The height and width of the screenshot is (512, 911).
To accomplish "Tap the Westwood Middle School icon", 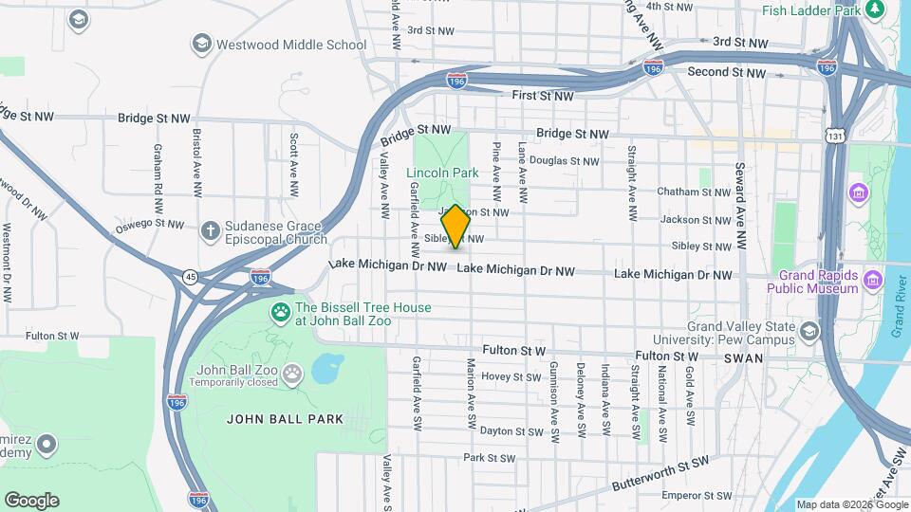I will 201,44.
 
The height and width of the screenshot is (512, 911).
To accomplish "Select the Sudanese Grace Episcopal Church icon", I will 211,230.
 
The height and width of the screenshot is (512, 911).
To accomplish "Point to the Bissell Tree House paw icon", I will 281,312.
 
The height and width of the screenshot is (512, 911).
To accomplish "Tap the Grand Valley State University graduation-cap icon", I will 809,331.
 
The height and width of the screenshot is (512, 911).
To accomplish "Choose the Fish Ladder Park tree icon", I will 875,10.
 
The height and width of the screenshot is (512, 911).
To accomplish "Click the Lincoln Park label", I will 442,173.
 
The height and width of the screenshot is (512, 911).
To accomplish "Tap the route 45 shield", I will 190,276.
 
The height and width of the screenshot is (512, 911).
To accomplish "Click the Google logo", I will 30,500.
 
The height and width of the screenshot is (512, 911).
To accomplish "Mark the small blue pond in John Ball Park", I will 325,366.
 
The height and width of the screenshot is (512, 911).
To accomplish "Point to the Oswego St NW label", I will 149,225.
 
